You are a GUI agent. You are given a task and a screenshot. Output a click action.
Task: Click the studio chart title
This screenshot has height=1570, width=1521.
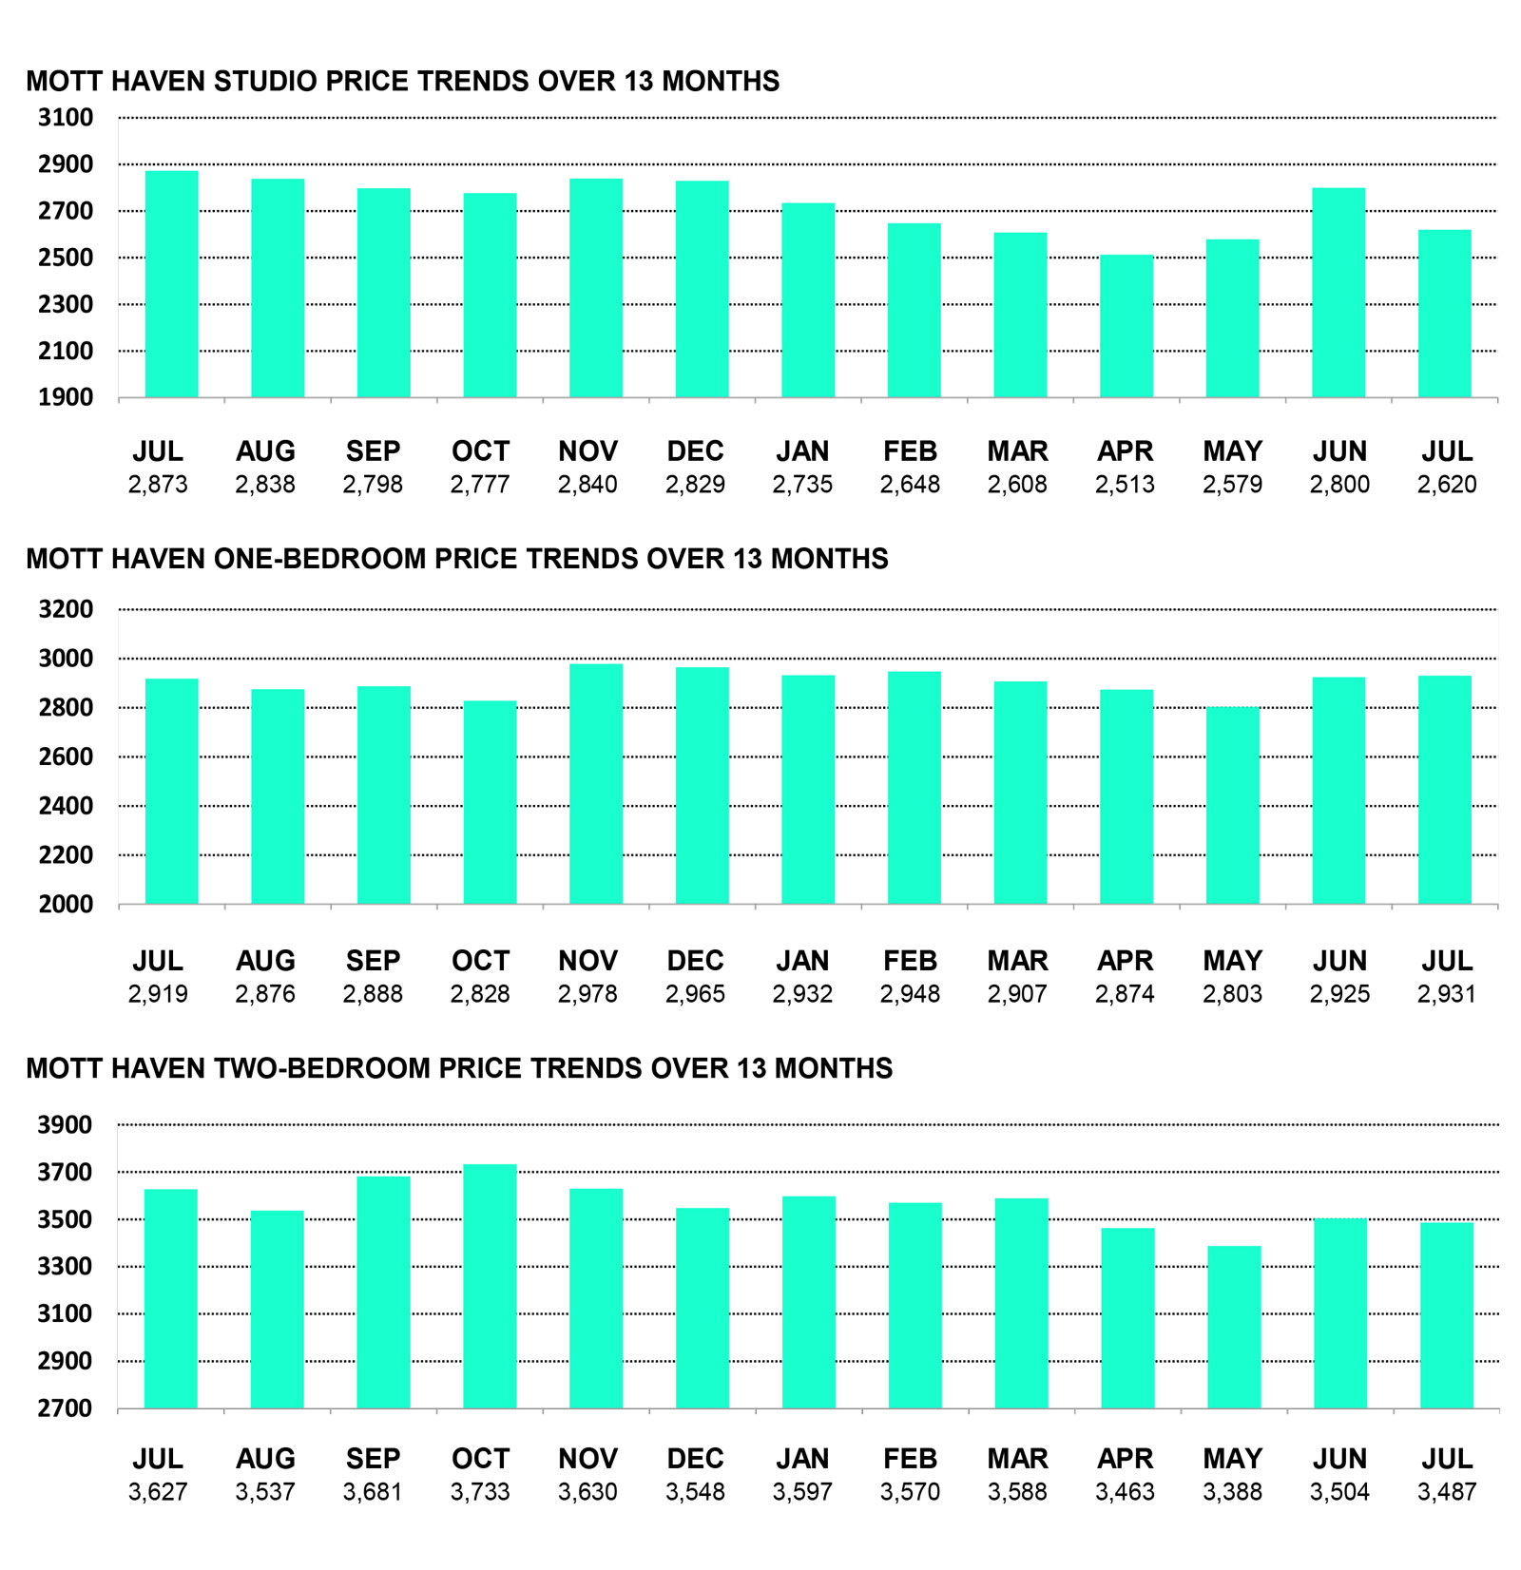point(402,81)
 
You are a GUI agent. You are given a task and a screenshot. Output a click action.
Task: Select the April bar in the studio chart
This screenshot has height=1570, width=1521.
point(1126,326)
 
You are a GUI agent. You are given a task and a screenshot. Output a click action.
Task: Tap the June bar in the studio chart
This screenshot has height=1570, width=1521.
point(1338,293)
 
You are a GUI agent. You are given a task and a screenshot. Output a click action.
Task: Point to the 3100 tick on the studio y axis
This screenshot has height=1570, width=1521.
point(66,118)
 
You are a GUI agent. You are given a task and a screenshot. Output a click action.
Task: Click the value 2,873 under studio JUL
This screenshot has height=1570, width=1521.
point(158,485)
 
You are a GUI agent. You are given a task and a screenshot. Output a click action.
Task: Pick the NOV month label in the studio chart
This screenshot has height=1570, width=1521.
point(587,450)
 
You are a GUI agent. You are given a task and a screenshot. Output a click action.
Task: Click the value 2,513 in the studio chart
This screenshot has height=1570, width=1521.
point(1125,485)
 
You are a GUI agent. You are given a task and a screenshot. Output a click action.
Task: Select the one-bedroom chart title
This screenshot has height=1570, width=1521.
point(457,558)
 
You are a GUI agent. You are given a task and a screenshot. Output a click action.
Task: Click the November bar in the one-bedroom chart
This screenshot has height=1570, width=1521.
point(596,784)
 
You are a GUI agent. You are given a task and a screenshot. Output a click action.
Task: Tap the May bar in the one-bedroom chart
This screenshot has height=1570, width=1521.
point(1233,806)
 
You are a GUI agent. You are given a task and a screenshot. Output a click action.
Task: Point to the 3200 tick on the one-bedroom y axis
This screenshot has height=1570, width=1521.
point(66,609)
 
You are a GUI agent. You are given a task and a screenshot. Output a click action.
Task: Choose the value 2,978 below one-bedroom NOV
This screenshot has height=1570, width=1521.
point(587,994)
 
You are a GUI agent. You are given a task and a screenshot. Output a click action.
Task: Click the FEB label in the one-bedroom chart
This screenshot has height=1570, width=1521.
point(910,961)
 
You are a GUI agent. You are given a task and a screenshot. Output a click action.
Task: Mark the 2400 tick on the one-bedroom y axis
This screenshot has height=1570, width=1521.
point(66,806)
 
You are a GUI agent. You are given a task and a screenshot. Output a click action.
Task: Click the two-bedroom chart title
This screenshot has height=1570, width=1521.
point(459,1068)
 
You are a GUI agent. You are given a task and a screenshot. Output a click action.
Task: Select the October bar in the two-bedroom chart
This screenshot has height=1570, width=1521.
point(491,1287)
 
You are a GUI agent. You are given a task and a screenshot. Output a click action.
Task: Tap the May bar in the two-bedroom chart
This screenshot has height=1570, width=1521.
point(1235,1328)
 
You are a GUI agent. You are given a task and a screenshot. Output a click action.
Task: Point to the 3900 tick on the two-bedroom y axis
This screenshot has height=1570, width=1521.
point(66,1125)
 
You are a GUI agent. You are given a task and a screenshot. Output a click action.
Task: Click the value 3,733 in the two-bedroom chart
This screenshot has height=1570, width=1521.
point(480,1492)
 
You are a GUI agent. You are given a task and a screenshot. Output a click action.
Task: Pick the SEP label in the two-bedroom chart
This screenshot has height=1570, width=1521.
point(373,1459)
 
